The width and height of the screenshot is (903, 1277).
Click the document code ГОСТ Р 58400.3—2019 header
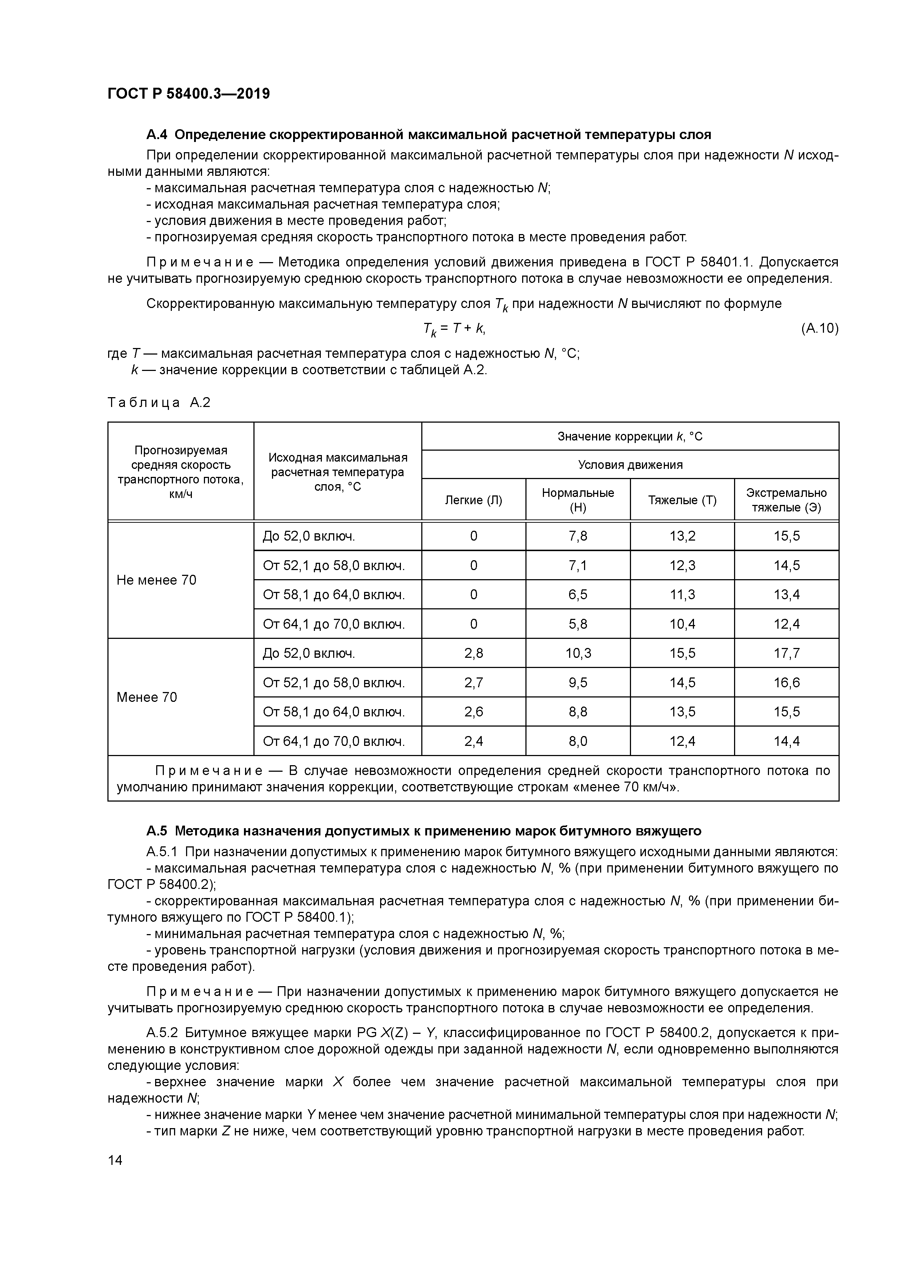click(x=189, y=94)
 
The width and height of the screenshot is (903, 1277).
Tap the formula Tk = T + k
click(x=454, y=329)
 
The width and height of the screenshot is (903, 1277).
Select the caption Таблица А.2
click(x=159, y=402)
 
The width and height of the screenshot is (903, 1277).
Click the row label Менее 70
click(x=146, y=697)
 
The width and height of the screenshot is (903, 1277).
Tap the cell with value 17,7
click(x=786, y=653)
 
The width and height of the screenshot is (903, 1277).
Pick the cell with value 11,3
click(x=682, y=594)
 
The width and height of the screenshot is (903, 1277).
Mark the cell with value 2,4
click(x=473, y=741)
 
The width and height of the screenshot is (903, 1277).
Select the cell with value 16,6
click(x=786, y=683)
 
